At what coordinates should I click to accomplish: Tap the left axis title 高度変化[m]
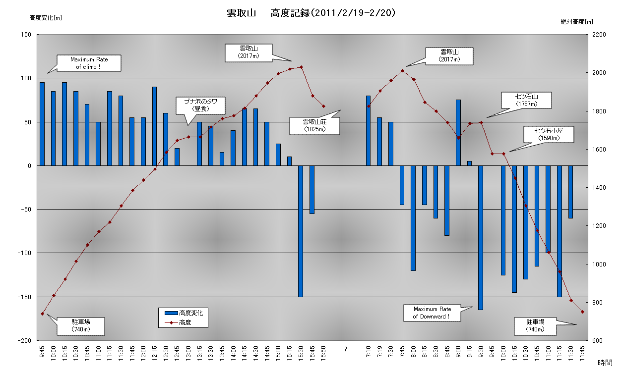(45, 18)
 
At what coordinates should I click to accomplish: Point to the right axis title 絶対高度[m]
(576, 21)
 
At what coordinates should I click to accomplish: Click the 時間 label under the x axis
(605, 363)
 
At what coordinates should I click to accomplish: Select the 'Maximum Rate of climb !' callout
(89, 63)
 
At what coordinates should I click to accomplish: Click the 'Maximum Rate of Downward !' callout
(432, 313)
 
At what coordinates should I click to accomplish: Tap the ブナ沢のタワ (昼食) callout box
(201, 105)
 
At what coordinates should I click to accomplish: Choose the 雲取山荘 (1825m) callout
(314, 125)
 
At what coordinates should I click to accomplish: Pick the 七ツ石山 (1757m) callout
(526, 101)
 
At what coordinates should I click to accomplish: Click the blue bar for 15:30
(301, 231)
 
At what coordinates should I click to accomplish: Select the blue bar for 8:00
(413, 218)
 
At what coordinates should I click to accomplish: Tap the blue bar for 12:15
(155, 126)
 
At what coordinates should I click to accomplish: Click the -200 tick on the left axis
(24, 341)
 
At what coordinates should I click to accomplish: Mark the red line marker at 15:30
(301, 67)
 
